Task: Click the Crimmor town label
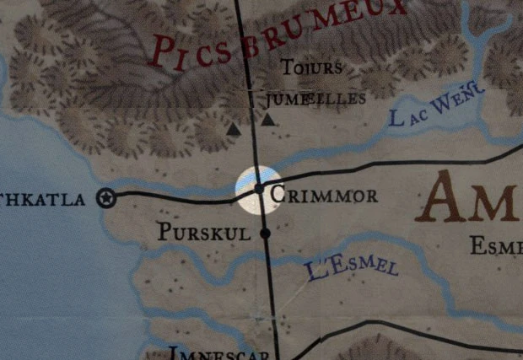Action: (x=324, y=196)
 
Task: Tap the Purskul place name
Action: (x=203, y=232)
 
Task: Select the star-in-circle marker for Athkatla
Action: (x=106, y=197)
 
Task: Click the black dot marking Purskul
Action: (x=265, y=232)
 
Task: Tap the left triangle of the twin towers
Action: (x=234, y=130)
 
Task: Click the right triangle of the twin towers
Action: (x=267, y=120)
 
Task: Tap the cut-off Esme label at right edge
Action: (x=496, y=245)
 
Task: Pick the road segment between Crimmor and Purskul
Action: (x=263, y=212)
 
